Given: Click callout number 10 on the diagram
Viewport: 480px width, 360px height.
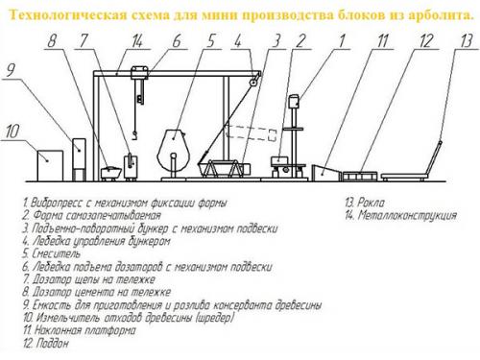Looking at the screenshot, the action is click(x=12, y=132).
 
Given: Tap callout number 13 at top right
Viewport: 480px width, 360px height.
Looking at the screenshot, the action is click(x=467, y=41).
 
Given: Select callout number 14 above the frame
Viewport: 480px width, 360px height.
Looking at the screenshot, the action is click(x=137, y=41).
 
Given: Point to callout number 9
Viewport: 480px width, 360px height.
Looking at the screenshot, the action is click(x=11, y=70).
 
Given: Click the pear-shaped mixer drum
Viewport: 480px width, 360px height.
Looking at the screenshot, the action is click(x=173, y=150).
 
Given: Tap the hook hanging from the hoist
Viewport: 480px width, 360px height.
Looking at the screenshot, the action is click(x=134, y=135).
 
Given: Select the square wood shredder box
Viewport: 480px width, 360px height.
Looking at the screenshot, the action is click(x=50, y=166).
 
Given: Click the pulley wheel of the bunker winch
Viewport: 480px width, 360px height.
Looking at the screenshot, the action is click(x=253, y=83).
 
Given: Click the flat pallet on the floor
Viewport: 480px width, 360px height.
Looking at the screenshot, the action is click(x=360, y=177).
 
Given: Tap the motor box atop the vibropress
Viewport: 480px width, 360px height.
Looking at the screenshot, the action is click(x=294, y=102).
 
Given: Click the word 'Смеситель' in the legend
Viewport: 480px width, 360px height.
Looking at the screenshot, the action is click(x=57, y=253).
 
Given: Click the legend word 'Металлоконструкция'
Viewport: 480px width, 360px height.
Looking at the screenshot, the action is click(x=407, y=215).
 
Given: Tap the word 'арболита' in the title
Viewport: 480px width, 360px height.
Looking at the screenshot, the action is click(x=441, y=15).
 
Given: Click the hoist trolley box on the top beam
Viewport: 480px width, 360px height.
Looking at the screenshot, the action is click(x=139, y=72).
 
